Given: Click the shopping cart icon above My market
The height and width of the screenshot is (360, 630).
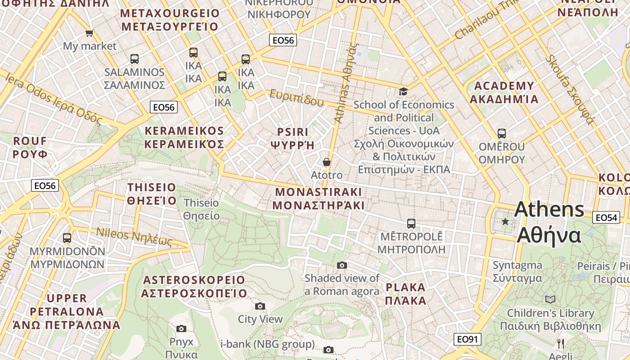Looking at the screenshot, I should [x=89, y=33].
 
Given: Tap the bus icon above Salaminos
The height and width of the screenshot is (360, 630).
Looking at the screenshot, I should [x=134, y=59].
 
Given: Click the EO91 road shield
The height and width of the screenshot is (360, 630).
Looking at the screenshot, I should [x=467, y=339].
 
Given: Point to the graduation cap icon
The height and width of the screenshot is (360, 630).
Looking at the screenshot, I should [x=403, y=92].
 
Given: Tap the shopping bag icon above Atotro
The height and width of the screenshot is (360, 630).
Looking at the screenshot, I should [x=327, y=162].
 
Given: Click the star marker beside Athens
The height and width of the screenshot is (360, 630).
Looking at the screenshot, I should [x=505, y=221].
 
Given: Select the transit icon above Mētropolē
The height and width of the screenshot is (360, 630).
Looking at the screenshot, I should [x=411, y=223].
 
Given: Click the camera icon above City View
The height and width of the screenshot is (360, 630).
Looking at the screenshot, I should [x=260, y=306].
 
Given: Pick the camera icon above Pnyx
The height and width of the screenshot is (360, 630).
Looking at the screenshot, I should [x=181, y=328].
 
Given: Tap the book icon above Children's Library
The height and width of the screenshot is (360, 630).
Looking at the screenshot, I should [x=550, y=299].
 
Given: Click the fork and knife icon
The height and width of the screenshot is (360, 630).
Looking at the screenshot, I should [x=560, y=344].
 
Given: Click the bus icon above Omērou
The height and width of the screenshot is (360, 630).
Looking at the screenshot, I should [x=501, y=134].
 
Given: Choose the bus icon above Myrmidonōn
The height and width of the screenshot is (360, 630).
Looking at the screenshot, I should [x=67, y=238].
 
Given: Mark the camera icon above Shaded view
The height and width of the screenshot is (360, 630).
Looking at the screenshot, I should [x=342, y=265].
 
